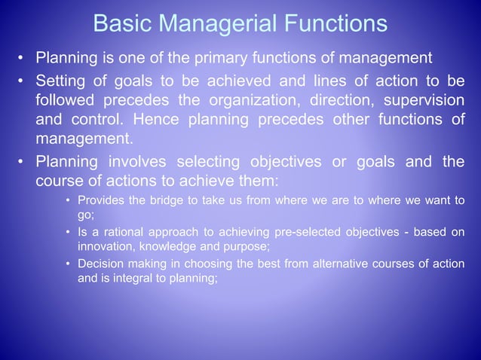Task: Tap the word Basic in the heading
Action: point(119,23)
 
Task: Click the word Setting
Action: point(62,81)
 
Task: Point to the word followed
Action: point(64,100)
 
